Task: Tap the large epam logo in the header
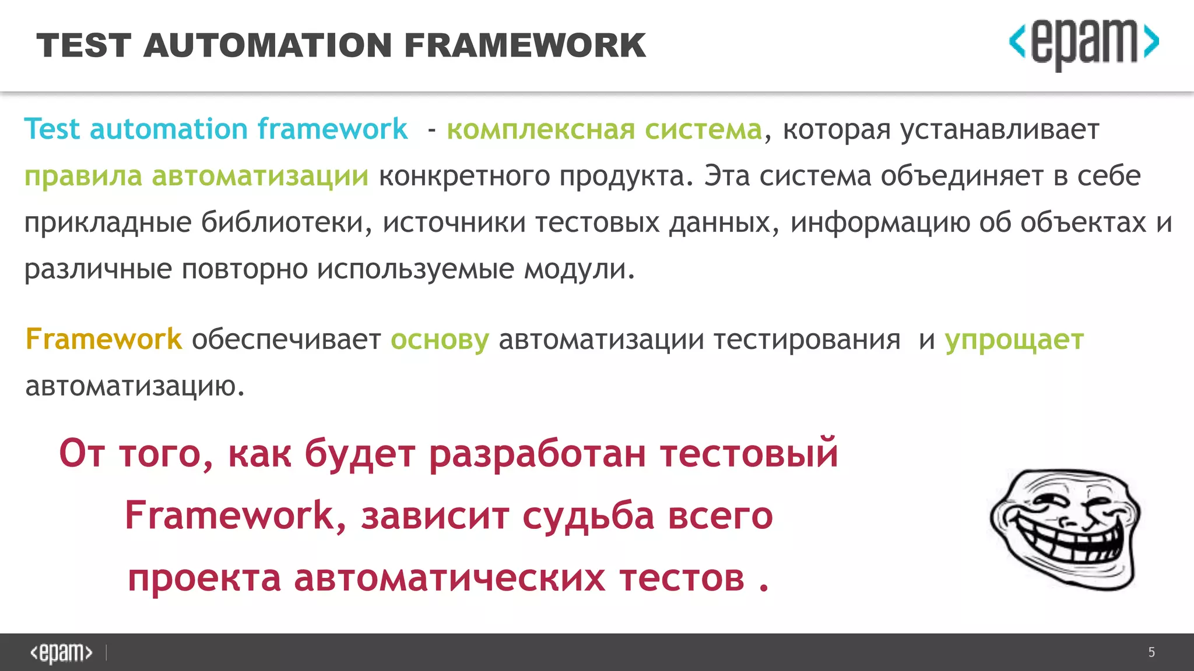tap(1084, 44)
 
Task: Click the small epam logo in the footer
tap(61, 652)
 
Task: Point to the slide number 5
tap(1151, 652)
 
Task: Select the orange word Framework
tap(104, 339)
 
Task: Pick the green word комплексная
tap(540, 129)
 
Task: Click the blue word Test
tap(52, 129)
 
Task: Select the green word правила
tap(83, 176)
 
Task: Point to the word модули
tap(578, 269)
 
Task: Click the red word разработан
tap(537, 454)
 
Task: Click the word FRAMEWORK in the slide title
tap(525, 45)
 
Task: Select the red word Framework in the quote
tap(230, 516)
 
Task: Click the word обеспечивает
tap(286, 339)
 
